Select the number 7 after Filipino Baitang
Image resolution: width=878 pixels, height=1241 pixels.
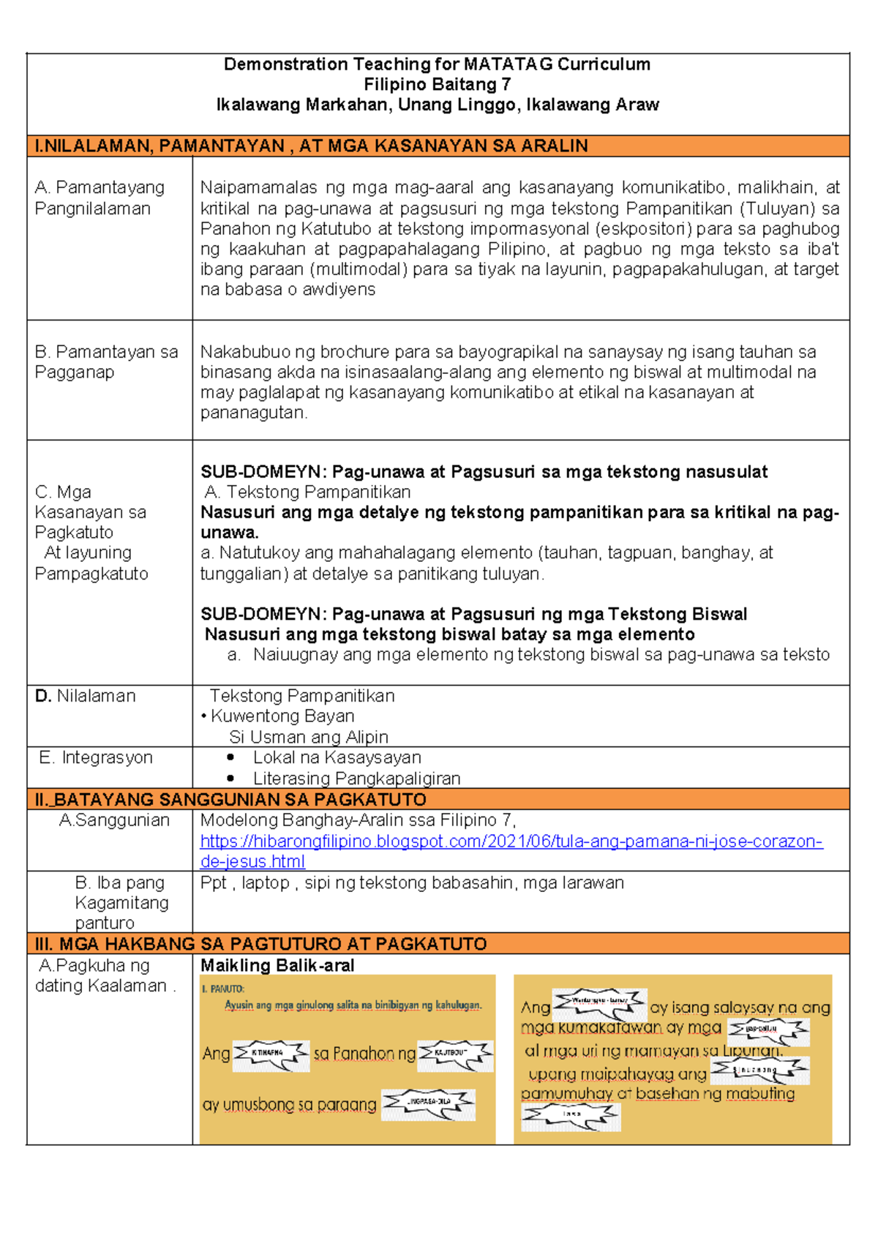[506, 85]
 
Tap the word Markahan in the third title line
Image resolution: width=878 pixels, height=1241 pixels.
[347, 105]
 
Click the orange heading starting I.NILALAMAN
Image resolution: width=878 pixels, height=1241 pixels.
[311, 146]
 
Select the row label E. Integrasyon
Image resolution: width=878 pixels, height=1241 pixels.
[96, 757]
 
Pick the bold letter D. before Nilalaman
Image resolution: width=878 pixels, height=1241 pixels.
[42, 696]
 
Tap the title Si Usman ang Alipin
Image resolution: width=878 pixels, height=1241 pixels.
[308, 737]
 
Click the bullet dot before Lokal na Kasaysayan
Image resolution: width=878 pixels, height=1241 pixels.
[231, 758]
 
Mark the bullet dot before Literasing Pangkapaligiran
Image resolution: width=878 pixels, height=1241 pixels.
[231, 779]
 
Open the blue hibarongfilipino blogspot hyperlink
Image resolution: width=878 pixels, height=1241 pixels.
[511, 841]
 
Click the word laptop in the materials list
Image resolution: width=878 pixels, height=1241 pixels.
[266, 883]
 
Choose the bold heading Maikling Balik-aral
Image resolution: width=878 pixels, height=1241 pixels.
[277, 966]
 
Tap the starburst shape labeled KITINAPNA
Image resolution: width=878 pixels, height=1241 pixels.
[270, 1054]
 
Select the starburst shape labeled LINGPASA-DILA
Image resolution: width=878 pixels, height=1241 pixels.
[429, 1102]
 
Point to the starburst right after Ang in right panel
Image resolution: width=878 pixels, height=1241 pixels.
[599, 1002]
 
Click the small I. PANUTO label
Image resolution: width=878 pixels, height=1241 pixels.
[222, 989]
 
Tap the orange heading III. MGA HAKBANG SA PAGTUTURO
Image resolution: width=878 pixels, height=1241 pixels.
[260, 944]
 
